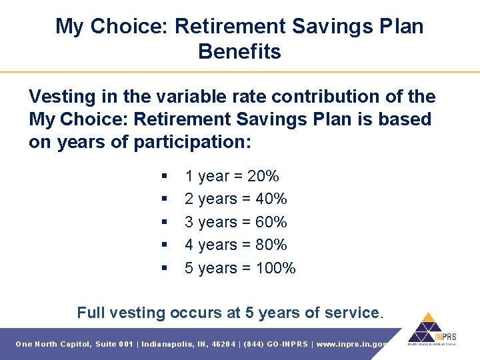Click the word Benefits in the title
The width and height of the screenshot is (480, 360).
point(239,51)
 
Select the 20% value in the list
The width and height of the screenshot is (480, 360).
point(263,176)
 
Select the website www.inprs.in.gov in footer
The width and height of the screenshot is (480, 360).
point(352,344)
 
